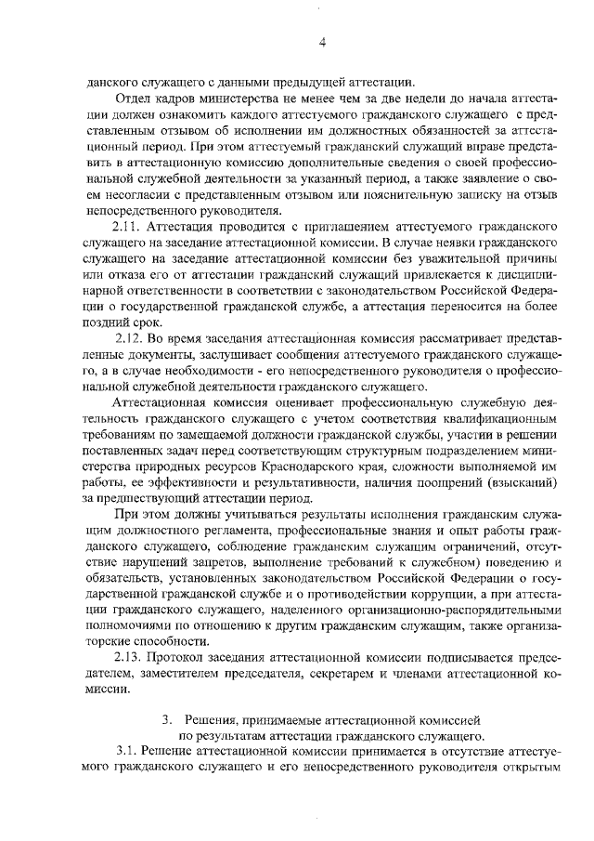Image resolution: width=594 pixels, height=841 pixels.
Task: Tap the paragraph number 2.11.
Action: [126, 226]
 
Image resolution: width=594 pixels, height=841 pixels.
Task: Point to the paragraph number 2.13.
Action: [126, 659]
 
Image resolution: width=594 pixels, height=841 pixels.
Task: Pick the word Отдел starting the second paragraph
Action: [133, 99]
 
